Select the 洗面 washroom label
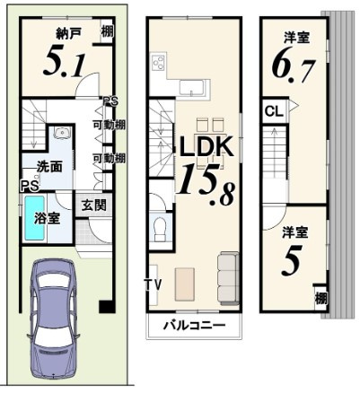tap(48, 166)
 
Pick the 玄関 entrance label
tap(88, 205)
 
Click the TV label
tap(152, 285)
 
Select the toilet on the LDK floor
tap(160, 228)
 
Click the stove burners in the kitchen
tap(160, 64)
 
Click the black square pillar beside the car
tap(106, 307)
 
